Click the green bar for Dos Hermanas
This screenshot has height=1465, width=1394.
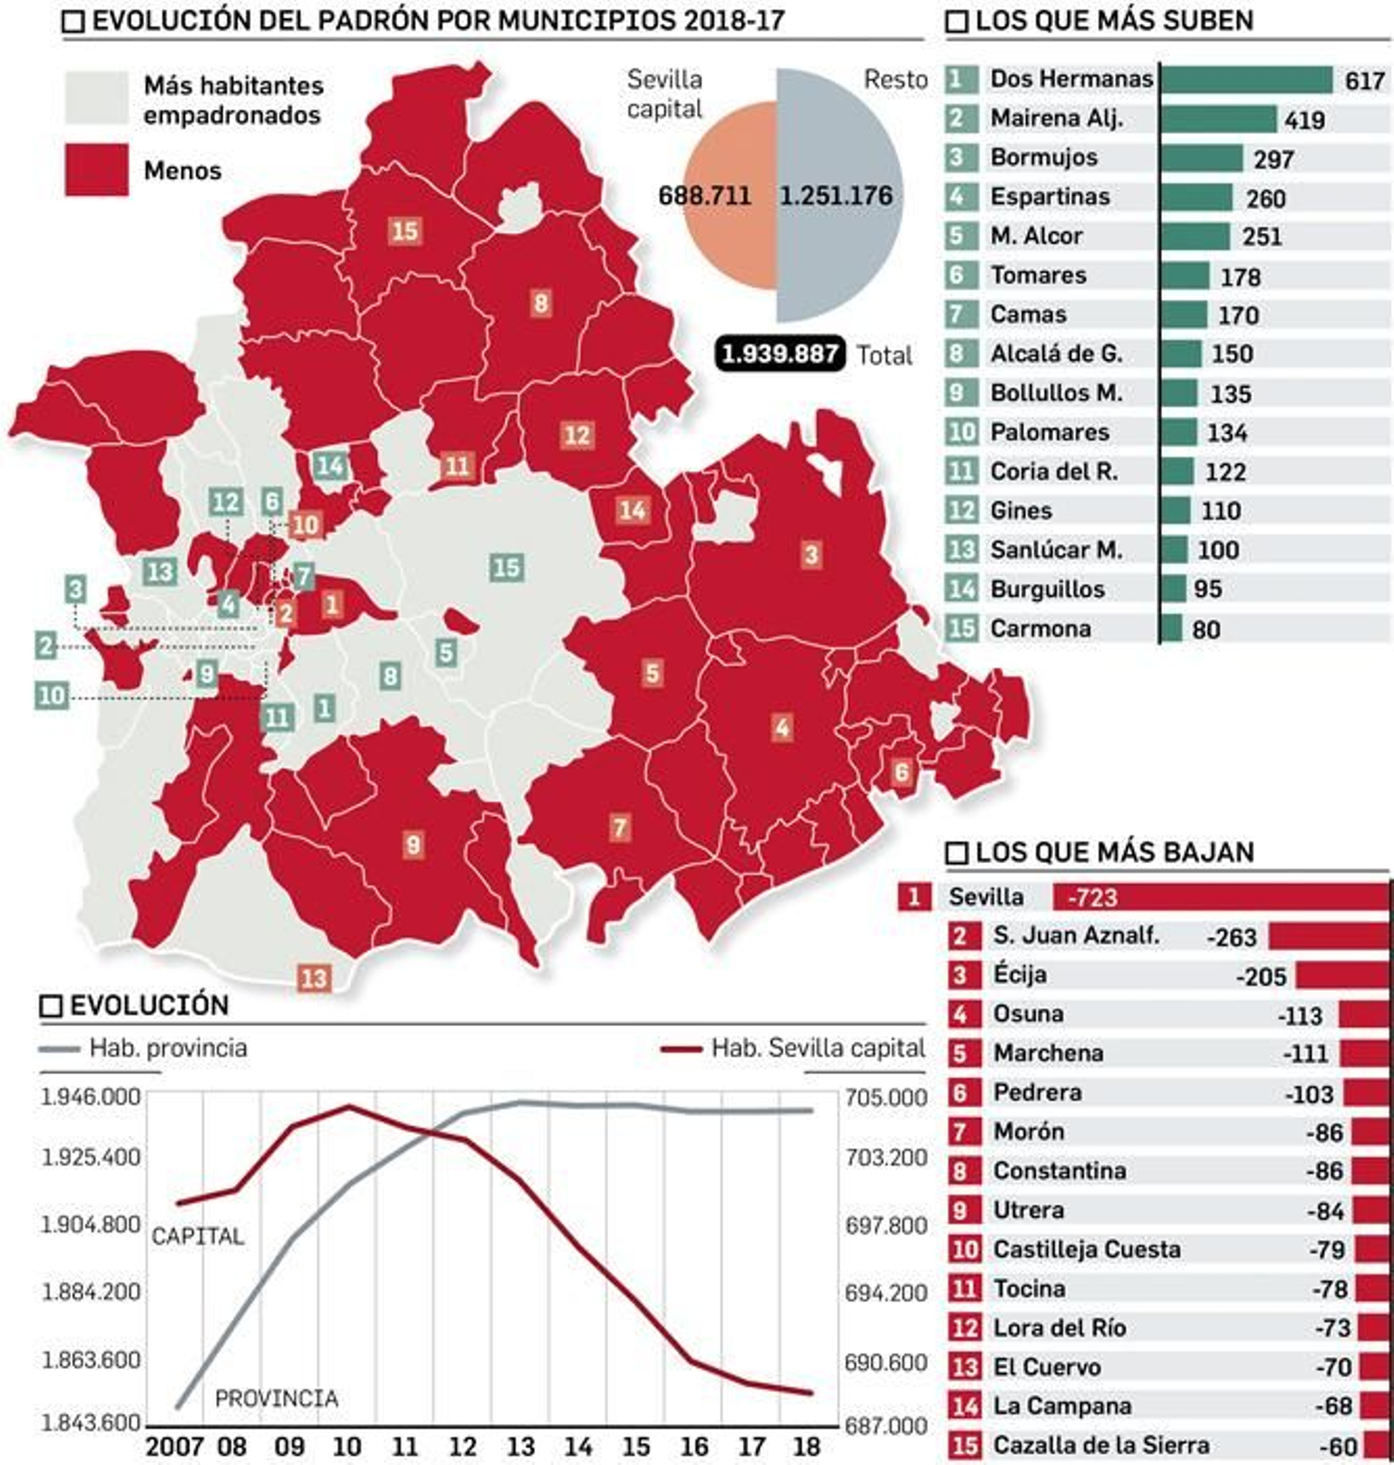[x=1246, y=79]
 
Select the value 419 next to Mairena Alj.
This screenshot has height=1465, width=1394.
[x=1304, y=119]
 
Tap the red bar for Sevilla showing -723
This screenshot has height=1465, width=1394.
[x=1220, y=896]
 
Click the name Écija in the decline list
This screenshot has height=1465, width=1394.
[x=1020, y=975]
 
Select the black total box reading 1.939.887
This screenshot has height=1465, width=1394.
[x=780, y=354]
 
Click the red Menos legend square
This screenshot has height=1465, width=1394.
[x=96, y=170]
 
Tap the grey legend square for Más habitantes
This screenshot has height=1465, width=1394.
[x=96, y=98]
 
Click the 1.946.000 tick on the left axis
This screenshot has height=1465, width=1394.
[x=91, y=1097]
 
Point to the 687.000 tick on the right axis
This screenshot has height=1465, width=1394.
[x=885, y=1426]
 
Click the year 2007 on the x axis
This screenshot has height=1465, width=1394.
[x=174, y=1447]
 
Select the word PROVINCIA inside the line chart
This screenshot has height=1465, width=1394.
[x=276, y=1399]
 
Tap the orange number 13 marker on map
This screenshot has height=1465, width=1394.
[x=314, y=978]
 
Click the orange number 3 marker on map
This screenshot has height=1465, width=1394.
[x=811, y=555]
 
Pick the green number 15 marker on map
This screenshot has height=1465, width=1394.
[x=506, y=568]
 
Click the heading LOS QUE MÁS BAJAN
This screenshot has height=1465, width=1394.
[x=1113, y=851]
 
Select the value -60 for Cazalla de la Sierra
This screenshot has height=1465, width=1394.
[x=1338, y=1447]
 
